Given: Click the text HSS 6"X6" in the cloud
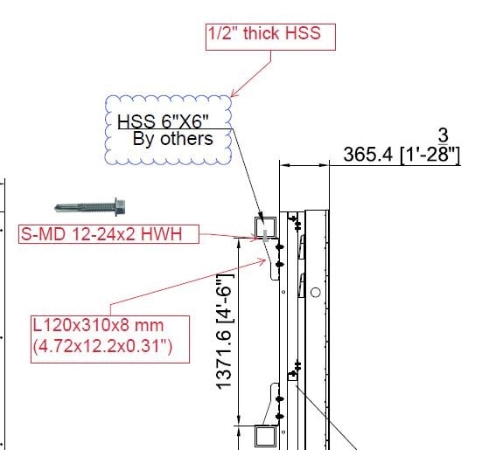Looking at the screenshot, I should point(163,121).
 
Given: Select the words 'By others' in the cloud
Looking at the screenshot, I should point(173,139).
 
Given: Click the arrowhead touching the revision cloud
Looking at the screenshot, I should point(234,94).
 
